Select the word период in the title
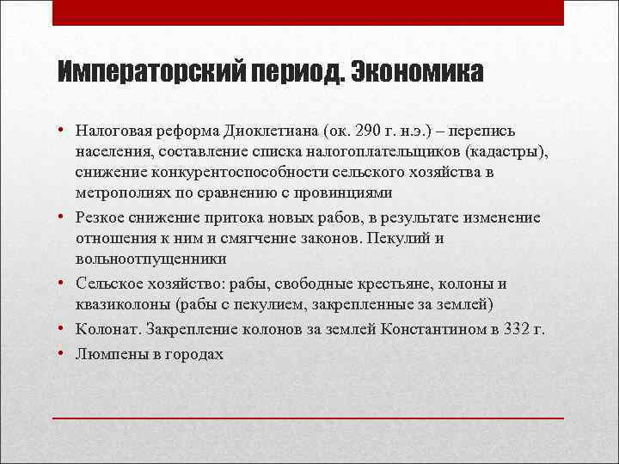(x=288, y=72)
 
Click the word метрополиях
(x=122, y=192)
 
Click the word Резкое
(x=102, y=217)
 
